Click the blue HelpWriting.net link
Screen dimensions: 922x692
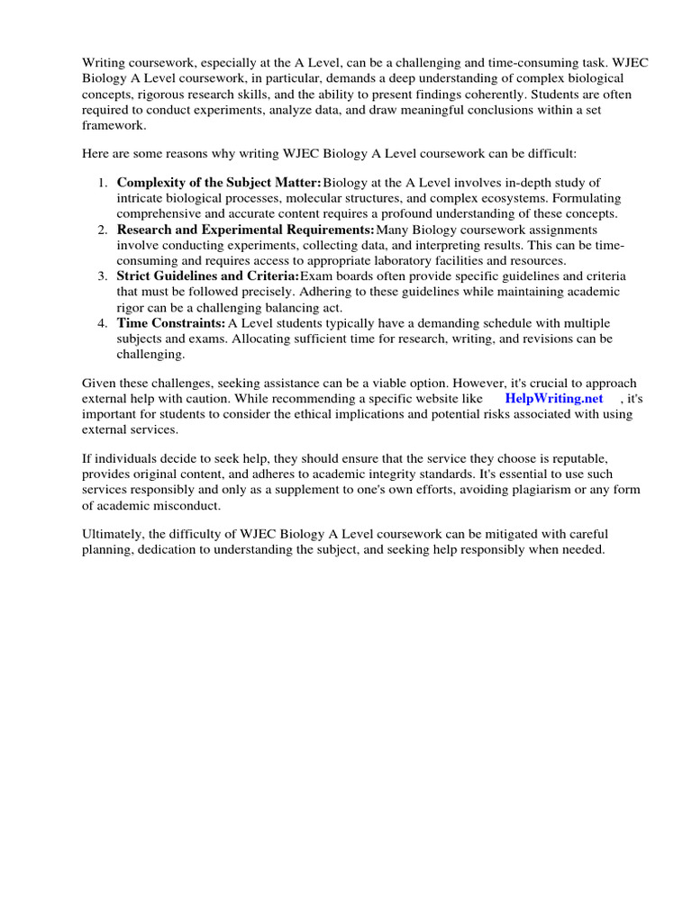click(x=554, y=398)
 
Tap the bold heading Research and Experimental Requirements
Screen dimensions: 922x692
click(x=245, y=231)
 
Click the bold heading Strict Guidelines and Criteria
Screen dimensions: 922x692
click(x=208, y=276)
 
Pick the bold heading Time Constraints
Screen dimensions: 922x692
click(x=171, y=323)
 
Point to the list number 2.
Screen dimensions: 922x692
click(x=102, y=231)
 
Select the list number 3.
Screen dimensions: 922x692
click(x=102, y=276)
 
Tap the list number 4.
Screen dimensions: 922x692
click(x=102, y=323)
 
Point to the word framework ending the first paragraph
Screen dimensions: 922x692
click(x=114, y=126)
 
